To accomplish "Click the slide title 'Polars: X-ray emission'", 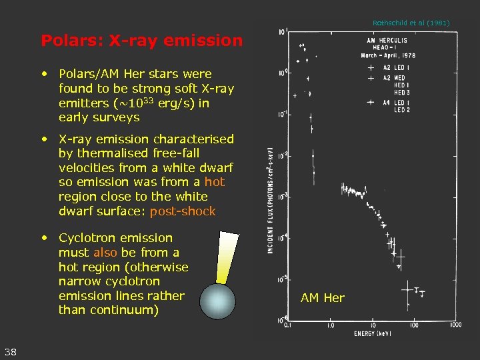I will [141, 41].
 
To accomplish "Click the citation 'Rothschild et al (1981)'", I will [411, 23].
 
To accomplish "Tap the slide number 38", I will [11, 352].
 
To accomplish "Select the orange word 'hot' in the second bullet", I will [215, 182].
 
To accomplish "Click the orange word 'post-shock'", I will [183, 211].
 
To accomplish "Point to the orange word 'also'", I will [105, 253].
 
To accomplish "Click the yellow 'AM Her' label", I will [323, 298].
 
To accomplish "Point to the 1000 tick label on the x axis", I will [455, 325].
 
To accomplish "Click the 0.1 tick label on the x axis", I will [287, 325].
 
